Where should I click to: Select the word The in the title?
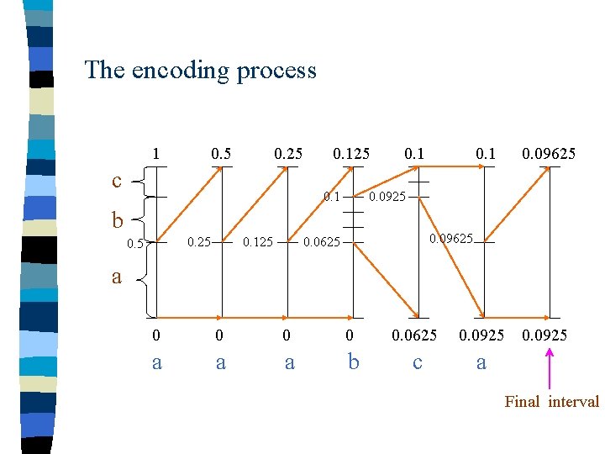point(103,70)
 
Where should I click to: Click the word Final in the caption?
point(522,402)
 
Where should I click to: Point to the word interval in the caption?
point(573,402)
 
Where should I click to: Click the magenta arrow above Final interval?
point(550,370)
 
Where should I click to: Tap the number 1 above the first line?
point(155,154)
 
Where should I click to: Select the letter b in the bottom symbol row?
point(354,362)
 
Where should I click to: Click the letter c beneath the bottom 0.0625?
point(418,362)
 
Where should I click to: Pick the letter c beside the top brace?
point(118,180)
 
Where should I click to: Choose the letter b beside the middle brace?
point(118,220)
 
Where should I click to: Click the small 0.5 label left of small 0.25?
point(134,244)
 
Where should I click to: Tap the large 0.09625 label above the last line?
point(550,154)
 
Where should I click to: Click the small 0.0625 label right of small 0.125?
point(321,243)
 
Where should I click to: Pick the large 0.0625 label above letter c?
point(415,335)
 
